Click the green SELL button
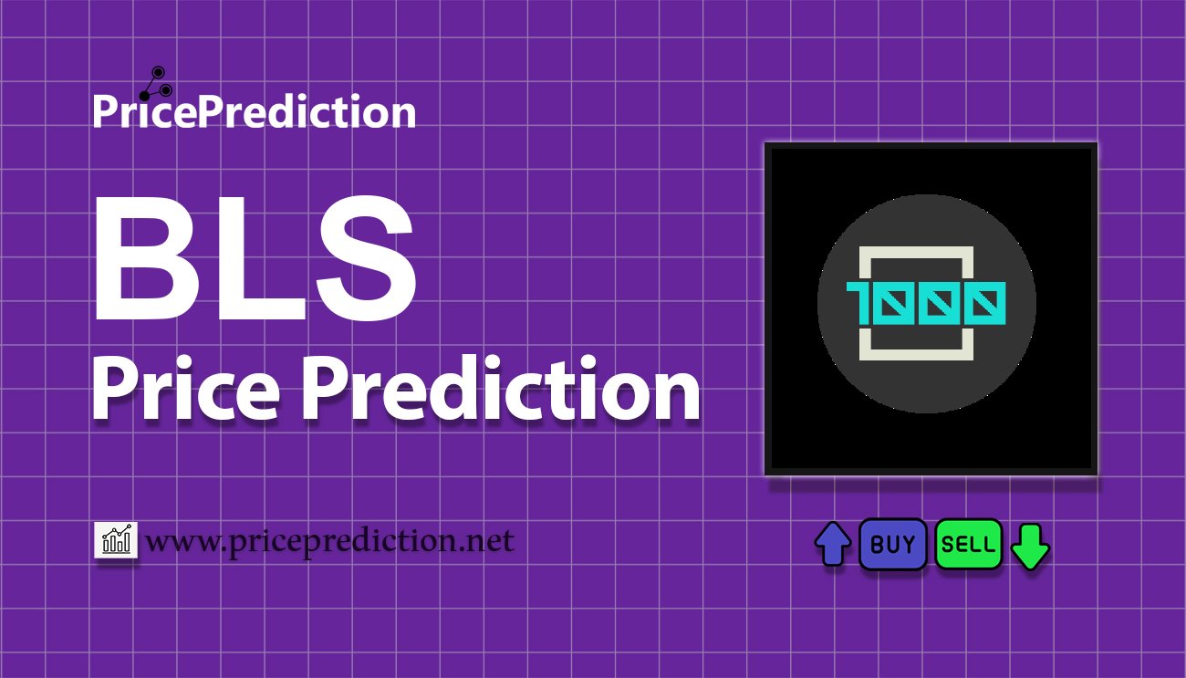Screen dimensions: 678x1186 (x=969, y=545)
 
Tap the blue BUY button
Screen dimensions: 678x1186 (x=893, y=545)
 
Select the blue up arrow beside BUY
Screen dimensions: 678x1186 (x=832, y=545)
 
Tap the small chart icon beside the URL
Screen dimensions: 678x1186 (x=116, y=541)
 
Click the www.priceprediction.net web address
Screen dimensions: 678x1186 (x=329, y=541)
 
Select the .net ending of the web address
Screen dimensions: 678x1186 (x=484, y=541)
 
